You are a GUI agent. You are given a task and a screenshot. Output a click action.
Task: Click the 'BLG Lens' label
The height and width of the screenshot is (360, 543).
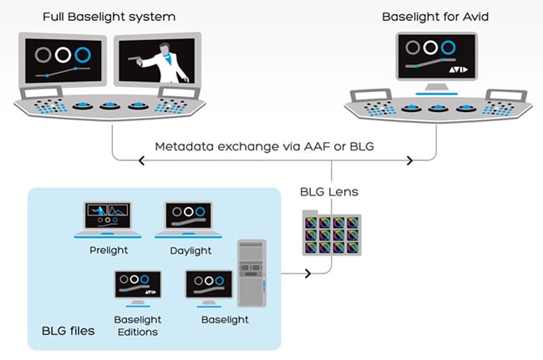click(x=329, y=191)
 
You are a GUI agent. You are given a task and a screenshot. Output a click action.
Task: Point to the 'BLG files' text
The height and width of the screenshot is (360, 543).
click(x=68, y=331)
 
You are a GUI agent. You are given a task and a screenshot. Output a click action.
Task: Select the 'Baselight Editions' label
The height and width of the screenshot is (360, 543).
click(x=137, y=324)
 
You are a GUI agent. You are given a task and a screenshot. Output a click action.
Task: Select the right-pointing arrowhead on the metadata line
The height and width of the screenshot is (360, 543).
click(x=409, y=160)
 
